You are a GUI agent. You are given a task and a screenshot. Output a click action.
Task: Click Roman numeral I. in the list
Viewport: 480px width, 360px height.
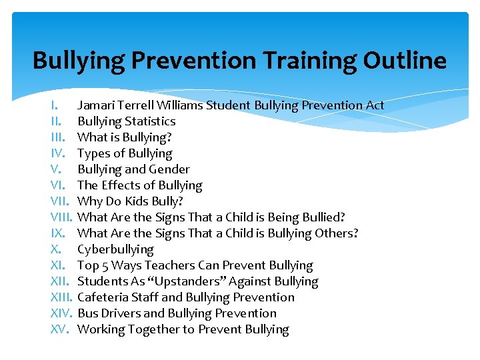pyautogui.click(x=56, y=105)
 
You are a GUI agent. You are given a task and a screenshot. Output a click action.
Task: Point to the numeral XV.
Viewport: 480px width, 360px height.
pyautogui.click(x=60, y=329)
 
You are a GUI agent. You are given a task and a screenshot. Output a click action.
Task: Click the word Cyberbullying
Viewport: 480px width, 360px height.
pyautogui.click(x=115, y=249)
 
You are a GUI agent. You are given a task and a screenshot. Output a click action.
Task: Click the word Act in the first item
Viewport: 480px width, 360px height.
pyautogui.click(x=375, y=105)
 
